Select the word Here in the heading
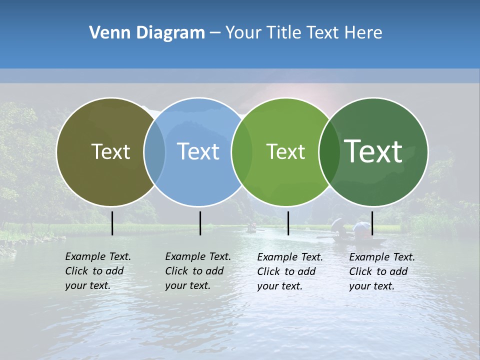pyautogui.click(x=364, y=33)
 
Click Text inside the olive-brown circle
pyautogui.click(x=110, y=151)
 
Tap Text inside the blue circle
pyautogui.click(x=198, y=151)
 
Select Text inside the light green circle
pyautogui.click(x=285, y=151)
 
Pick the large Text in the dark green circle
pyautogui.click(x=373, y=151)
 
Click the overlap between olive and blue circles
pyautogui.click(x=154, y=151)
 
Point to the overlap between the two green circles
pyautogui.click(x=329, y=151)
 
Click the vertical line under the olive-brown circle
pyautogui.click(x=112, y=223)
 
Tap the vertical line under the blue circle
pyautogui.click(x=200, y=223)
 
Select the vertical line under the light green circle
pyautogui.click(x=288, y=223)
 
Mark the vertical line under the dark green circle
pyautogui.click(x=372, y=223)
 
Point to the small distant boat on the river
pyautogui.click(x=252, y=228)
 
